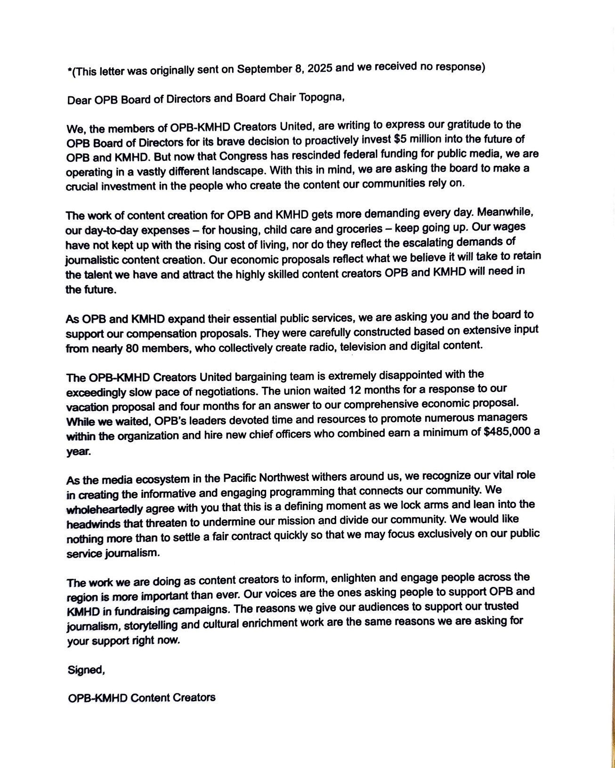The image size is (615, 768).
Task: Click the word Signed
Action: tap(85, 670)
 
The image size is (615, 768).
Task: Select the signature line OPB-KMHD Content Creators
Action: tap(142, 698)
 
